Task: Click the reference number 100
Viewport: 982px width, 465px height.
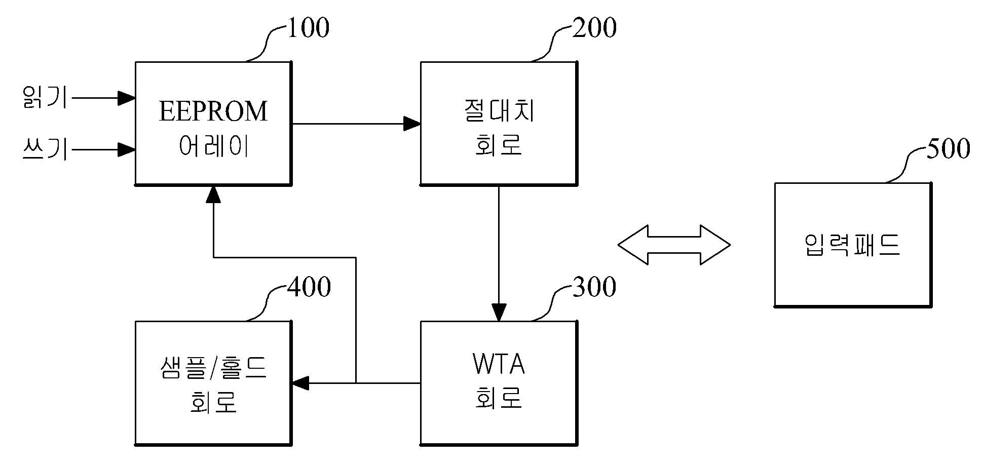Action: click(308, 28)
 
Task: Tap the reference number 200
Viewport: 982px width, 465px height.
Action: click(594, 28)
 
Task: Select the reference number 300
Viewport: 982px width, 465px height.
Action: click(594, 287)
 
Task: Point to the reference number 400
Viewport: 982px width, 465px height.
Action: click(309, 287)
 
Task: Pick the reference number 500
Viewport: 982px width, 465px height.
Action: click(948, 149)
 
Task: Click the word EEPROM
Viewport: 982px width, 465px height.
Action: click(213, 111)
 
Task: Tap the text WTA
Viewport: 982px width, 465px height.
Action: click(499, 365)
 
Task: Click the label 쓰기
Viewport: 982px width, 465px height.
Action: click(45, 150)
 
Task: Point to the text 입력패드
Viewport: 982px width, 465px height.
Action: click(852, 245)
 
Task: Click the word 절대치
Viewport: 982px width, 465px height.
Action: click(499, 111)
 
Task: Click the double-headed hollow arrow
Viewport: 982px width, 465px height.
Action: click(674, 245)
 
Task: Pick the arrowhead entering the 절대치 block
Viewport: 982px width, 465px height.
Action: click(412, 124)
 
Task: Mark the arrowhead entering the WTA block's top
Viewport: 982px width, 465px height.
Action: click(499, 313)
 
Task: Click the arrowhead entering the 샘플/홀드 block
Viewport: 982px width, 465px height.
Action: click(300, 383)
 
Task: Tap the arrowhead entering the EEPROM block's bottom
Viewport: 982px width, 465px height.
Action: click(213, 194)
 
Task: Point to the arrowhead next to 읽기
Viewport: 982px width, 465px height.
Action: click(126, 98)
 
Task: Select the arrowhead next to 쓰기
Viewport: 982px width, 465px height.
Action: click(126, 149)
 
